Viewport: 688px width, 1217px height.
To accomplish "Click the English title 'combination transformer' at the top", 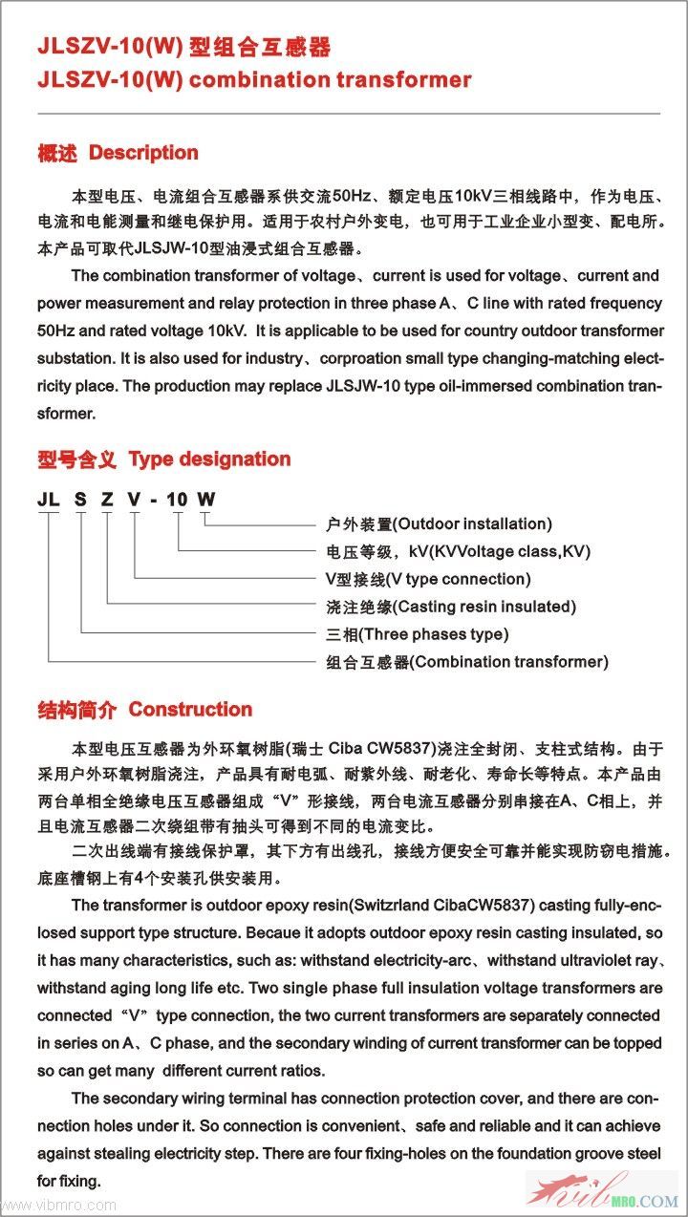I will pos(331,80).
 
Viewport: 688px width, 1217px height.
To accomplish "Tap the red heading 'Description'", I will pos(143,153).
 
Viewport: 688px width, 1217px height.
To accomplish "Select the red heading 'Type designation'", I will pos(209,459).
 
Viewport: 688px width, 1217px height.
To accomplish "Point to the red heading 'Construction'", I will pos(190,710).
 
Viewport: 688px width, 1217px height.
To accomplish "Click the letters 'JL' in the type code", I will pos(48,499).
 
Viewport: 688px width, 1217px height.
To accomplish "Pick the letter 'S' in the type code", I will pos(81,499).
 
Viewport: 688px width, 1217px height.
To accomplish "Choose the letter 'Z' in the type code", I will pos(107,499).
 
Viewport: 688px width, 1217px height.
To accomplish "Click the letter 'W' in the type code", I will pos(205,499).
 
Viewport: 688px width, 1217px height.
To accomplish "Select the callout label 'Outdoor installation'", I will pos(472,523).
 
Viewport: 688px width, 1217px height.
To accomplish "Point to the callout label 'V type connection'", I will pos(462,579).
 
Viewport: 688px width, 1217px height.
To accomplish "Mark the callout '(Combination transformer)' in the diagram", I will pos(508,662).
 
